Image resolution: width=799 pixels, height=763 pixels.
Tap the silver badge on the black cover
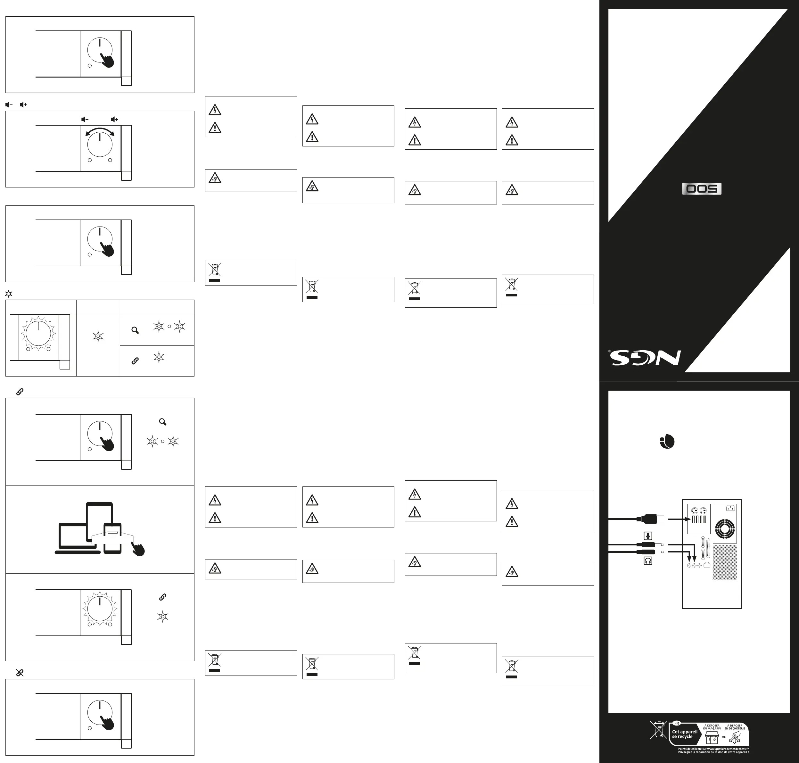pos(701,189)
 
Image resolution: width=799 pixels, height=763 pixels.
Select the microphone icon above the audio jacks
pos(648,536)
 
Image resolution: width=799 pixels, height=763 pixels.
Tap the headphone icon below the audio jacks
pos(648,561)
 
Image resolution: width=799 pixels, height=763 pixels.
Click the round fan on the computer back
pos(725,529)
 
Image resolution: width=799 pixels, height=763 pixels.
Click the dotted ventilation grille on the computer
pos(725,563)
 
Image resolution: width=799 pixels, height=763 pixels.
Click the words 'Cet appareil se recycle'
pos(684,734)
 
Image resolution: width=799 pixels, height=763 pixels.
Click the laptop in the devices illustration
pos(74,539)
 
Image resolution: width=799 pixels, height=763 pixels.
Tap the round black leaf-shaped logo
pos(667,442)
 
